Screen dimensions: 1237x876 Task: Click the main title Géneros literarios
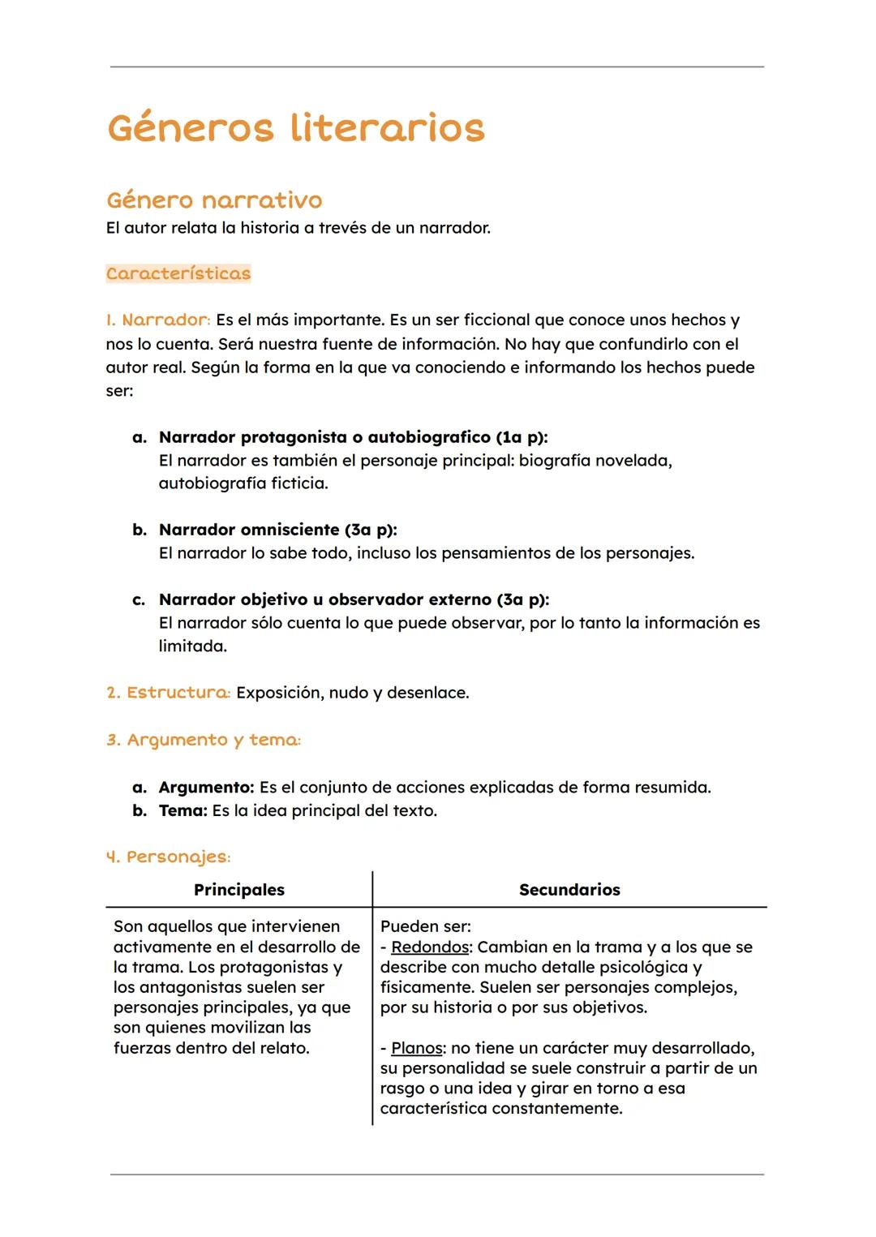tap(296, 128)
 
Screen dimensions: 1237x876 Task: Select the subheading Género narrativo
tap(214, 200)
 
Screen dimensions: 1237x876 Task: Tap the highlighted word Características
tap(178, 273)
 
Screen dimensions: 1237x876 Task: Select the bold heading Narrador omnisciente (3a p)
tap(277, 530)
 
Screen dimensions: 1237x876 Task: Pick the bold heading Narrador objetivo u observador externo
tap(354, 599)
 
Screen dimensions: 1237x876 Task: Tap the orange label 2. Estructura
tap(169, 693)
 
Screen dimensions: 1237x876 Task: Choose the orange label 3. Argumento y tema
tap(204, 740)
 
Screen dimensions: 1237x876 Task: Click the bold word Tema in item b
tap(182, 810)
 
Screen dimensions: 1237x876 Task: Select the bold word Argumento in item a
tap(206, 787)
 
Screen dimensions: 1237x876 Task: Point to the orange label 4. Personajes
tap(169, 857)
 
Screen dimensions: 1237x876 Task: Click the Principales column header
tap(239, 890)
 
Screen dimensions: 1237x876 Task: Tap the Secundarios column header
tap(569, 890)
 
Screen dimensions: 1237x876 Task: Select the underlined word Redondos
tap(430, 947)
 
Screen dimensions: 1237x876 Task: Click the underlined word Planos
tap(417, 1048)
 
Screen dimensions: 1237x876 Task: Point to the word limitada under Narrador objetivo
tap(192, 646)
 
